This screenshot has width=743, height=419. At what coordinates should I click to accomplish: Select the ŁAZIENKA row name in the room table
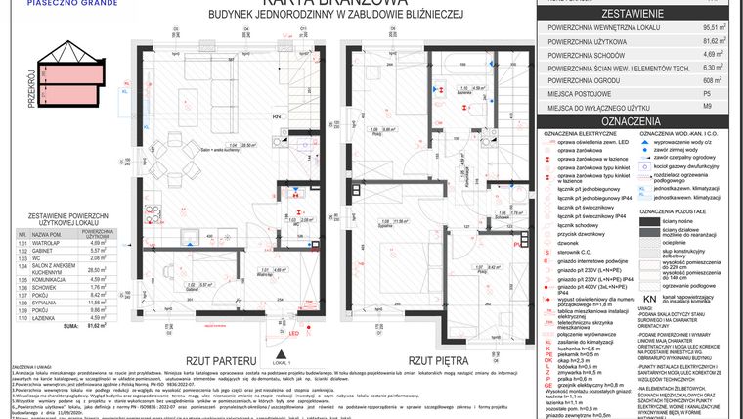(x=44, y=317)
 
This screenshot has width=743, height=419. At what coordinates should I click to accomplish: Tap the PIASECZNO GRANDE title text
(x=41, y=4)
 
